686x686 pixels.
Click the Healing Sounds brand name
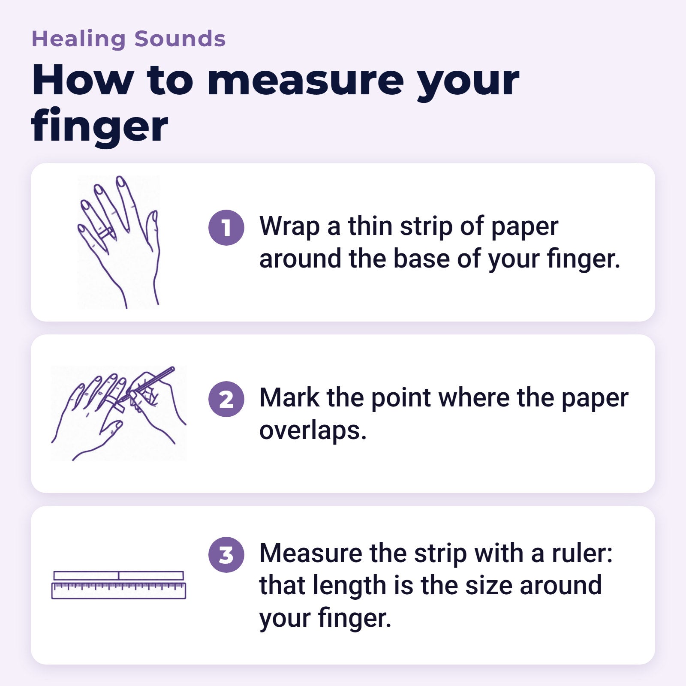point(129,39)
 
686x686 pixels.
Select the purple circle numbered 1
point(226,228)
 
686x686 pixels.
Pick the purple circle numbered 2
point(226,399)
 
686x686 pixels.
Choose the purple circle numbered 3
point(226,554)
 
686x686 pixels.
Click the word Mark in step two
point(289,397)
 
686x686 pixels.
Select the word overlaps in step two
point(313,431)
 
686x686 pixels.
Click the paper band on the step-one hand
point(105,233)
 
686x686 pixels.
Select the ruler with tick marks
point(119,590)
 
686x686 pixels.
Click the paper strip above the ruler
point(119,575)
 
